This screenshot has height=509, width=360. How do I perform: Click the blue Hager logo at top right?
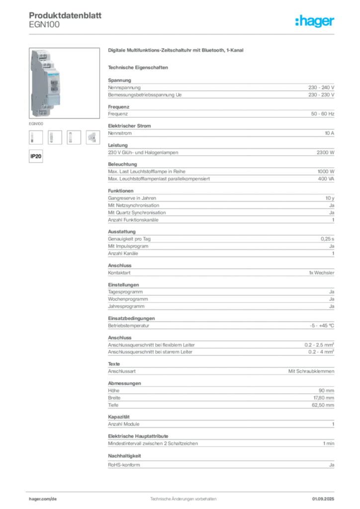coord(315,21)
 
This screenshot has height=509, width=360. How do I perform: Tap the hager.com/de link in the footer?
coord(43,498)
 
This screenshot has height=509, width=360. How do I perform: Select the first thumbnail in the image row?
coord(33,137)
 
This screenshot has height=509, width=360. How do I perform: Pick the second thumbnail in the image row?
coord(52,137)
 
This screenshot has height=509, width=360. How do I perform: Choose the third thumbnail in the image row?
coord(72,137)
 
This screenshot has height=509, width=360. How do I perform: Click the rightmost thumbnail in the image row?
coord(92,137)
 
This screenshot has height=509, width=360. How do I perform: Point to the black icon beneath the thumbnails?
coord(35,156)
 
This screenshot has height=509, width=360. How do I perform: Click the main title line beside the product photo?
coord(177,51)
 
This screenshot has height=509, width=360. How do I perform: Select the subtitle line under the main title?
coord(140,67)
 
